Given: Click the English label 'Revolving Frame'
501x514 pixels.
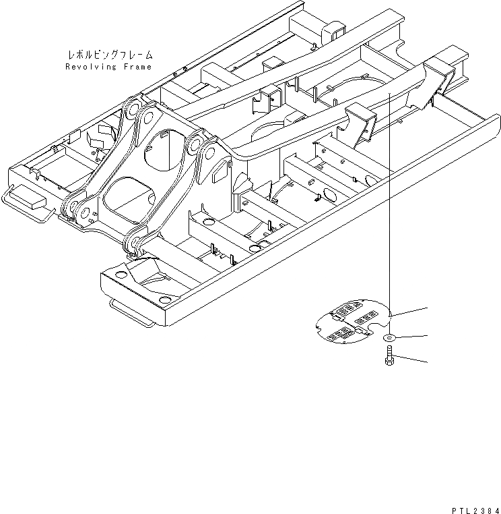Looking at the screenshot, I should click(x=108, y=67).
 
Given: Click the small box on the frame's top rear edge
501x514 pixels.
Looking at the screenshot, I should click(x=334, y=30).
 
